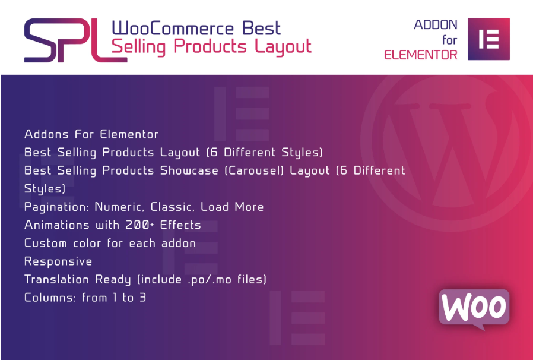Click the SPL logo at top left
(75, 40)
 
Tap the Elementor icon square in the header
(488, 39)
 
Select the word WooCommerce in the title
(173, 29)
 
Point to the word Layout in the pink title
(283, 47)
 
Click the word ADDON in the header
(436, 25)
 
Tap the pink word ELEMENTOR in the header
(421, 55)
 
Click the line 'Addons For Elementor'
(91, 134)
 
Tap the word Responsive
(58, 261)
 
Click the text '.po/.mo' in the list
(210, 280)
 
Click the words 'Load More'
(232, 207)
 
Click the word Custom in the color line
(45, 244)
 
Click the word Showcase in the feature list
(189, 170)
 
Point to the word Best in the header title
(261, 29)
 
